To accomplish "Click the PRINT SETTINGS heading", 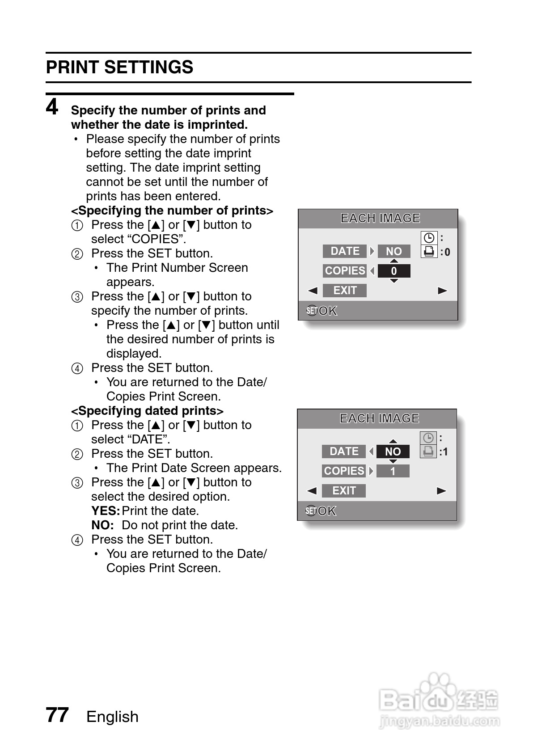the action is tap(119, 68).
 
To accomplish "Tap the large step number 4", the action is tap(52, 107).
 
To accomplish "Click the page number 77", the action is tap(57, 715).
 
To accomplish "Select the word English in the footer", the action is tap(112, 717).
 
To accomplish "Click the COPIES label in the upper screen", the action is tap(345, 271).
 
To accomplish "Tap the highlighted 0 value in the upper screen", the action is tap(393, 271).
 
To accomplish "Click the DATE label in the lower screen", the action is tap(344, 451).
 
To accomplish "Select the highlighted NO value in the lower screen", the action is tap(393, 452).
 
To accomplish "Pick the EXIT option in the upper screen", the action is tap(345, 291).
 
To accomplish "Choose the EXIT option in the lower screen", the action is tap(344, 491).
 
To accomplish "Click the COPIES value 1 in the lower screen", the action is tap(393, 471).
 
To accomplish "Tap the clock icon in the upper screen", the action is tap(429, 238).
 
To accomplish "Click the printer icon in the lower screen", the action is tap(428, 451).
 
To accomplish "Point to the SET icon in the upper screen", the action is tap(312, 311).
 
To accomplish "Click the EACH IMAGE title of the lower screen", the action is tap(379, 418).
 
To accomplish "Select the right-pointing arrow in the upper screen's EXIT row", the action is tap(442, 291).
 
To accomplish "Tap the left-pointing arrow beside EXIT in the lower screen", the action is tap(312, 491).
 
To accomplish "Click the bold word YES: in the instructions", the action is tap(106, 511).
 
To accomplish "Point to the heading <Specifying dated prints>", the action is tap(147, 411).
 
